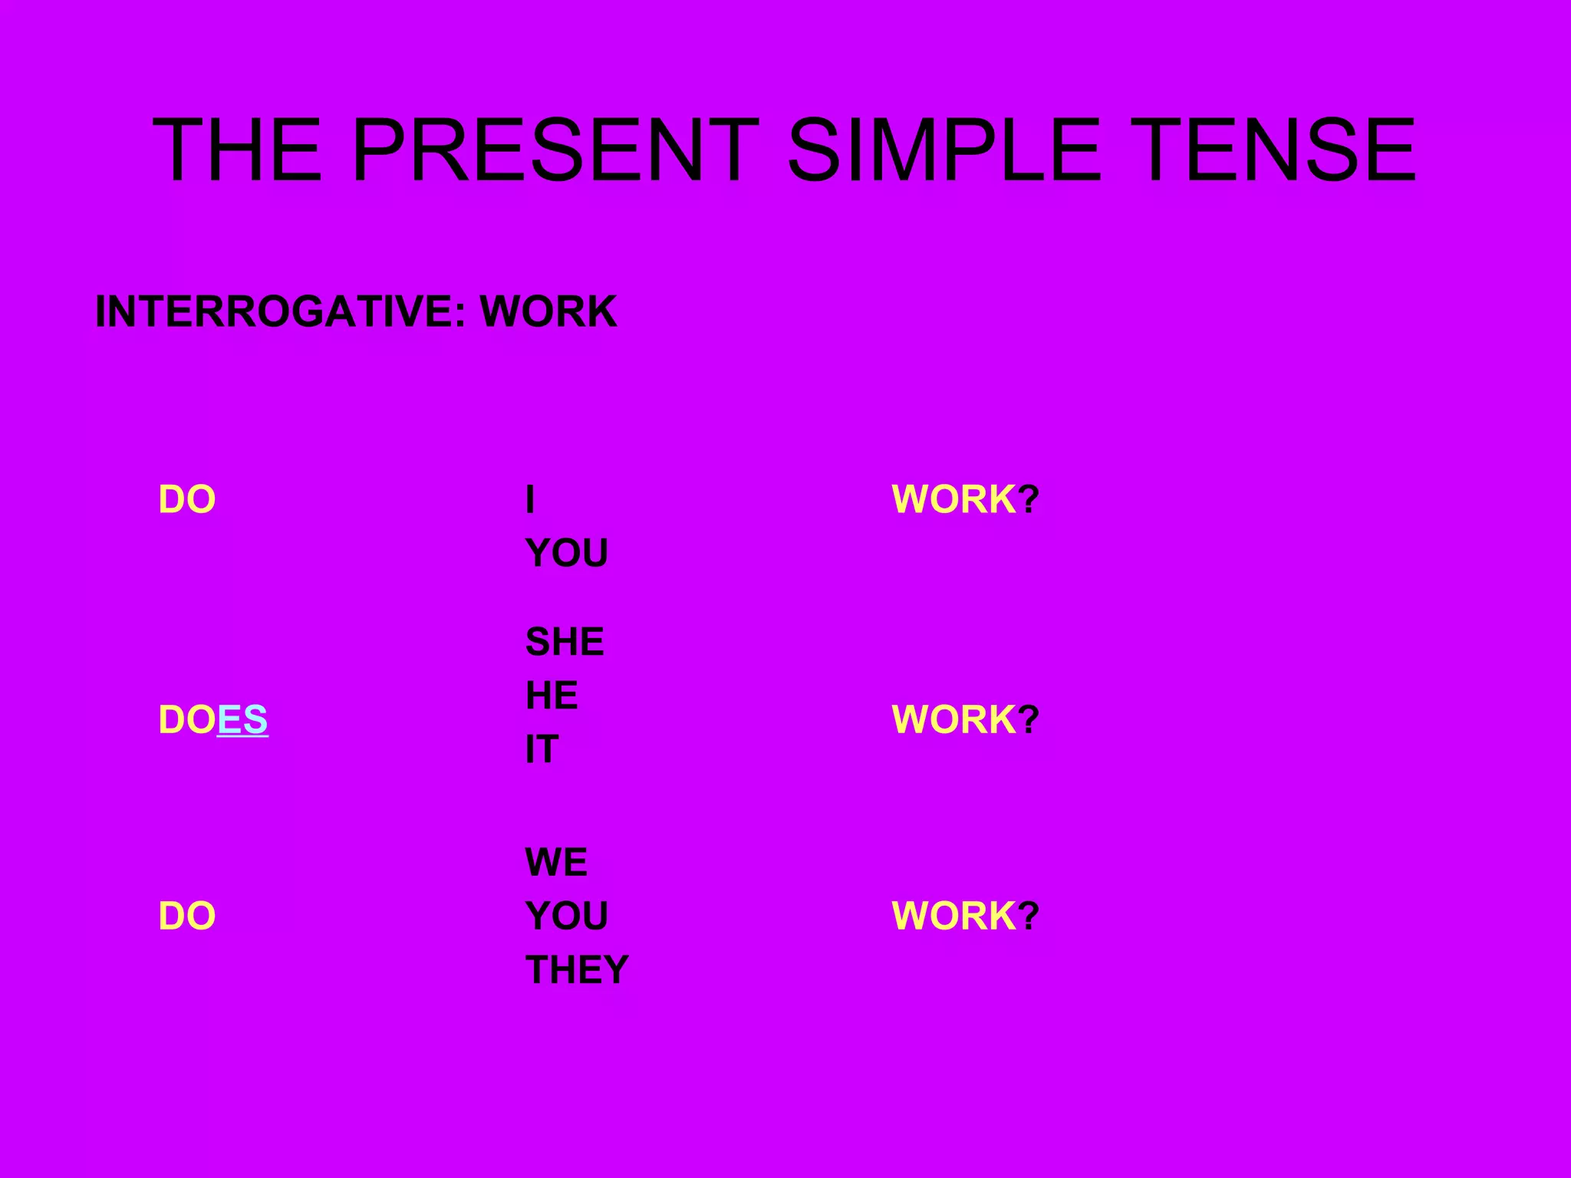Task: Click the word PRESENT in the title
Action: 555,150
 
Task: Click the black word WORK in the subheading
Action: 548,311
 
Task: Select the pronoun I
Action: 530,500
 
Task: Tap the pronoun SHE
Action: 565,642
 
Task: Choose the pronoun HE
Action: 552,696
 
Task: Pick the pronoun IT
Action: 542,749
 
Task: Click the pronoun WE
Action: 556,863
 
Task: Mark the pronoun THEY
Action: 577,970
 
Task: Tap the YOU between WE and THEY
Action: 566,916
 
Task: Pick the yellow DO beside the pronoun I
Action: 187,500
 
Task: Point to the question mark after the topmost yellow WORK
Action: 1029,500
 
